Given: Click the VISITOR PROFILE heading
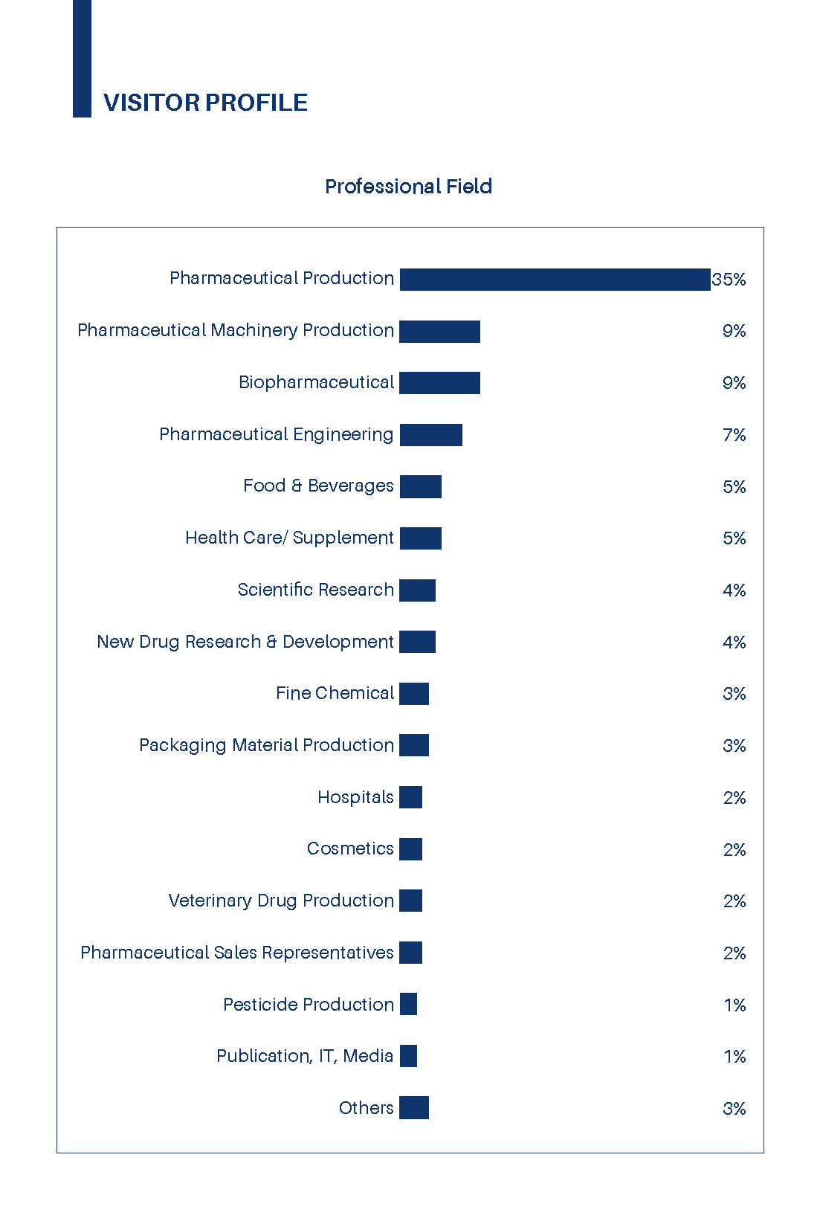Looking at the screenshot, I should click(205, 103).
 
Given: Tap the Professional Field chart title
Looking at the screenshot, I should click(408, 186).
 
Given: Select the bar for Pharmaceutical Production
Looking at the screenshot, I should click(555, 280).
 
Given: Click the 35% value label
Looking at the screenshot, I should click(729, 280).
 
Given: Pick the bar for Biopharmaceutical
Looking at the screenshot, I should click(439, 383).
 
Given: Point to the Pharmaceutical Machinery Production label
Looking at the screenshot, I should click(236, 330).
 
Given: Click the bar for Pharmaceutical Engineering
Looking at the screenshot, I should click(430, 435).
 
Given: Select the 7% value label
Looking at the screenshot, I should click(734, 435).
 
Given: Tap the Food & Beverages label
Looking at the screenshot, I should click(318, 486).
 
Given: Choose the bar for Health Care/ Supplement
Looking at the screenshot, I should click(420, 538).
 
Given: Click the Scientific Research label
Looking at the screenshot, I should click(316, 590).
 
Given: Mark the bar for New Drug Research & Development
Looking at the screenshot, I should click(417, 642).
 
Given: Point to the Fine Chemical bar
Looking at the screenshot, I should click(414, 694).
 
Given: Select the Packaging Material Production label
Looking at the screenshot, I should click(266, 745).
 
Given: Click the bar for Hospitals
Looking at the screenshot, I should click(410, 797).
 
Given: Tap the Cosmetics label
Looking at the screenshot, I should click(350, 849).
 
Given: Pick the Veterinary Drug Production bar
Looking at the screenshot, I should click(410, 901).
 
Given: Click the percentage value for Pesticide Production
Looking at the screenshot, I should click(735, 1005).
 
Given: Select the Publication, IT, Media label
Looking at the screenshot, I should click(305, 1056).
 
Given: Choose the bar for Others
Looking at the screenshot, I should click(414, 1108).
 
